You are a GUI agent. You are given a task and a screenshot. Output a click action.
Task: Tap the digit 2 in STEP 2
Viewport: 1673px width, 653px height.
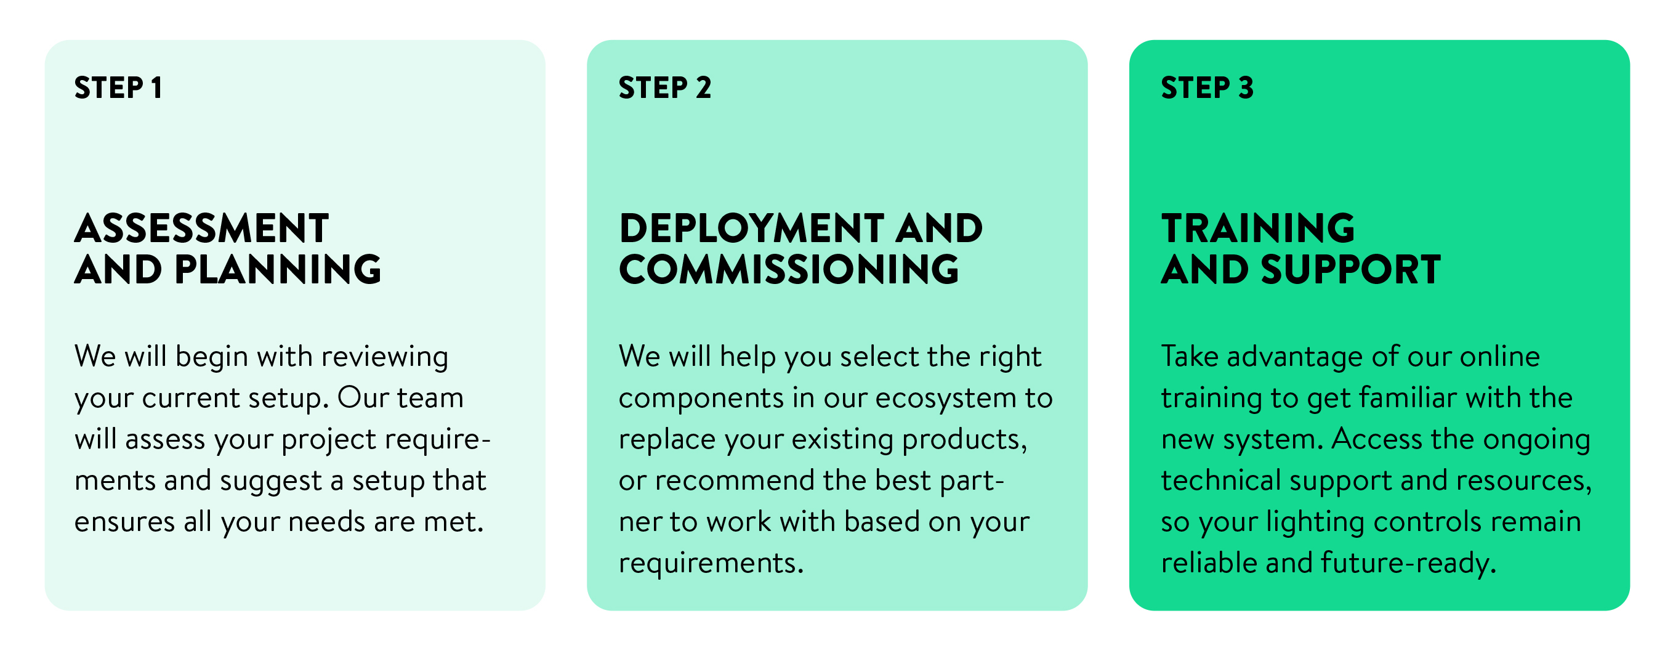click(x=703, y=87)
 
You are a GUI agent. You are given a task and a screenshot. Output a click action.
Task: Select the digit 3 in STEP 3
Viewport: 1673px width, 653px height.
click(x=1246, y=87)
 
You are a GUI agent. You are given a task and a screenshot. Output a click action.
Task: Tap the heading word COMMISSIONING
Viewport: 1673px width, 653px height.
click(x=788, y=270)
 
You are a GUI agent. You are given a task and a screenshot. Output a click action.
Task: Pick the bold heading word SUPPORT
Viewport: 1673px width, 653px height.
click(x=1351, y=270)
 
